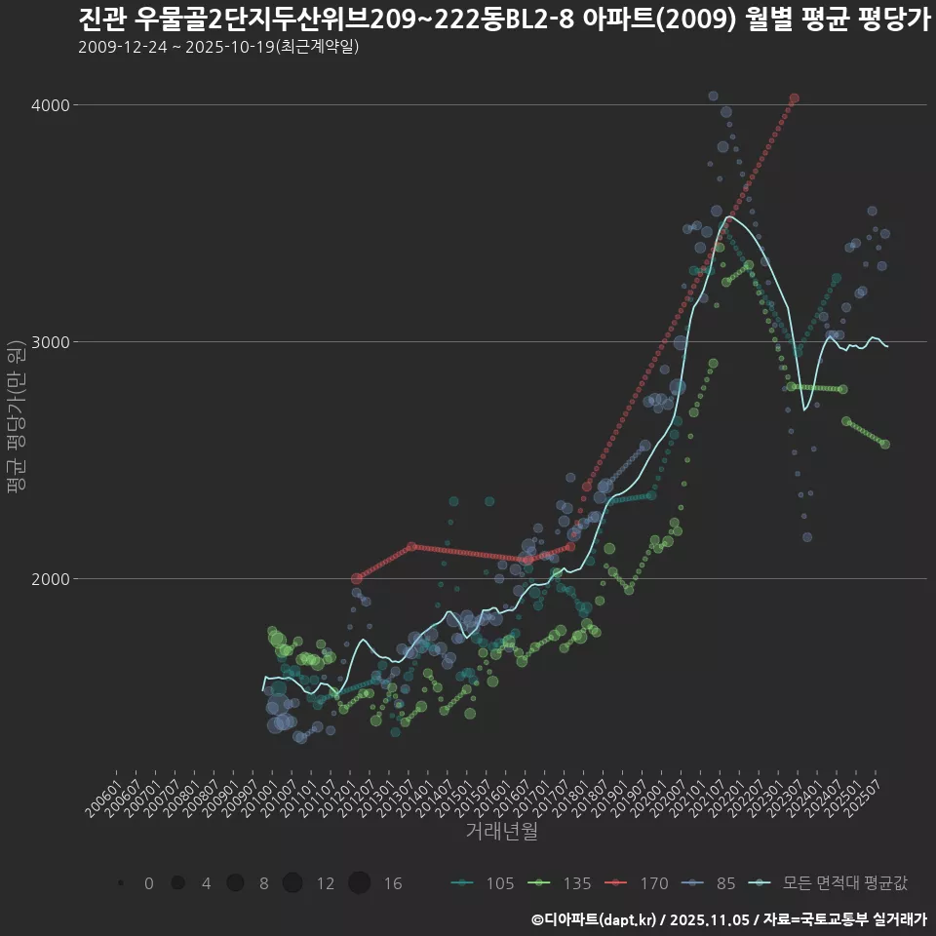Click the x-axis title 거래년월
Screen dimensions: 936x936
(x=501, y=832)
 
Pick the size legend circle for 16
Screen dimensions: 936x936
(x=359, y=883)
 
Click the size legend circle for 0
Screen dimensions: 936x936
(x=121, y=883)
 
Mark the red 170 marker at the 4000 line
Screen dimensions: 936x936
(x=795, y=98)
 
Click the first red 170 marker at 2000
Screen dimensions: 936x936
(x=357, y=578)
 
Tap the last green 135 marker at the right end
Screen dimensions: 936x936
(x=884, y=444)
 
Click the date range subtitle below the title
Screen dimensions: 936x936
(x=218, y=47)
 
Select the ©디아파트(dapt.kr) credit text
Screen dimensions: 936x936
(x=594, y=919)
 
